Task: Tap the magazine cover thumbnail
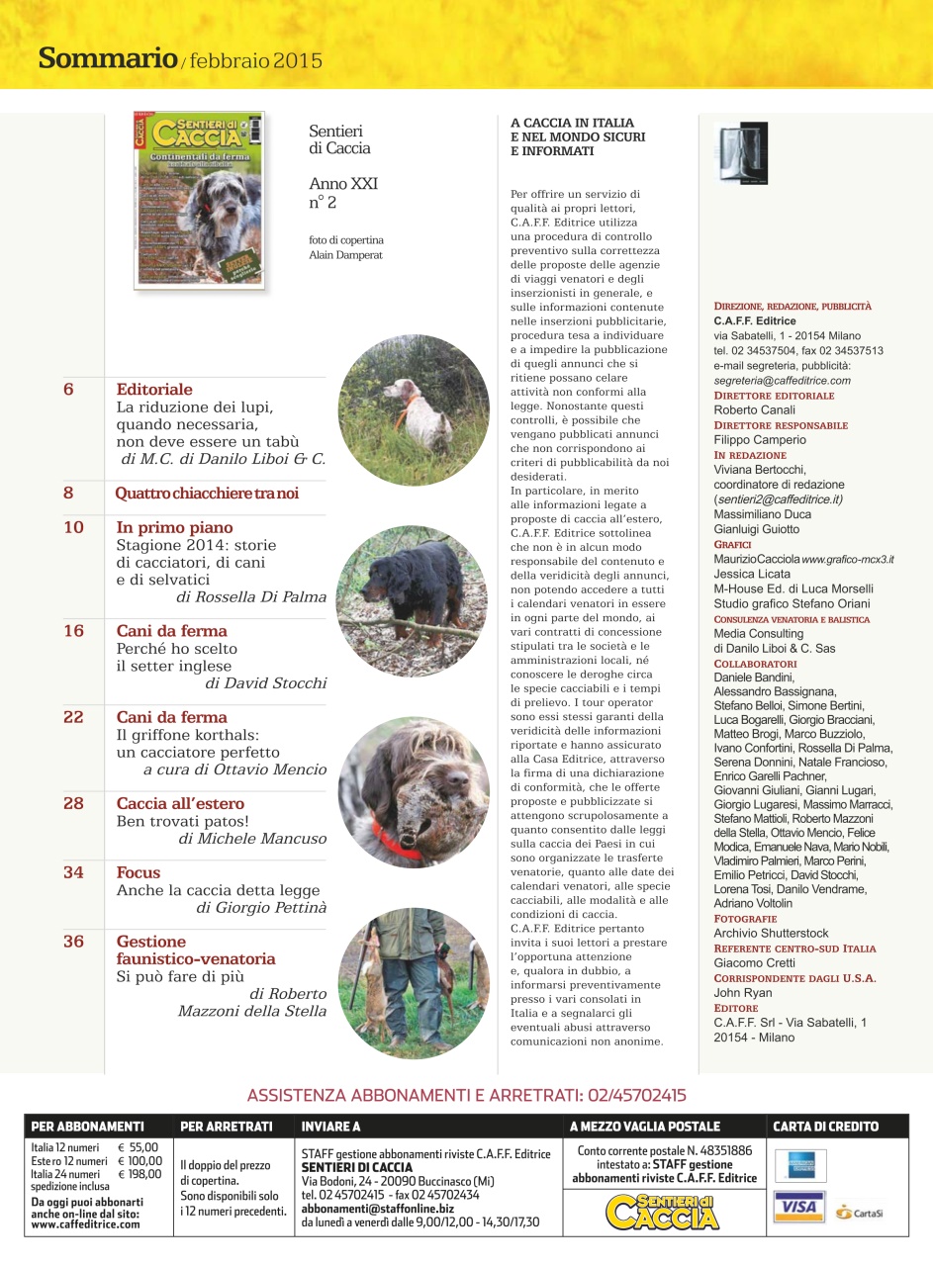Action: [199, 200]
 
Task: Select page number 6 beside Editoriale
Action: [68, 390]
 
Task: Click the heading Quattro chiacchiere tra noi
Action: [207, 494]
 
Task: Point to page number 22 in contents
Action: [73, 717]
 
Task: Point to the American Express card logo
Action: [799, 1165]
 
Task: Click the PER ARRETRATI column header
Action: [227, 1126]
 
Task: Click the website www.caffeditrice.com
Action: [85, 1223]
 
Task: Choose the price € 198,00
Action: [139, 1173]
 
